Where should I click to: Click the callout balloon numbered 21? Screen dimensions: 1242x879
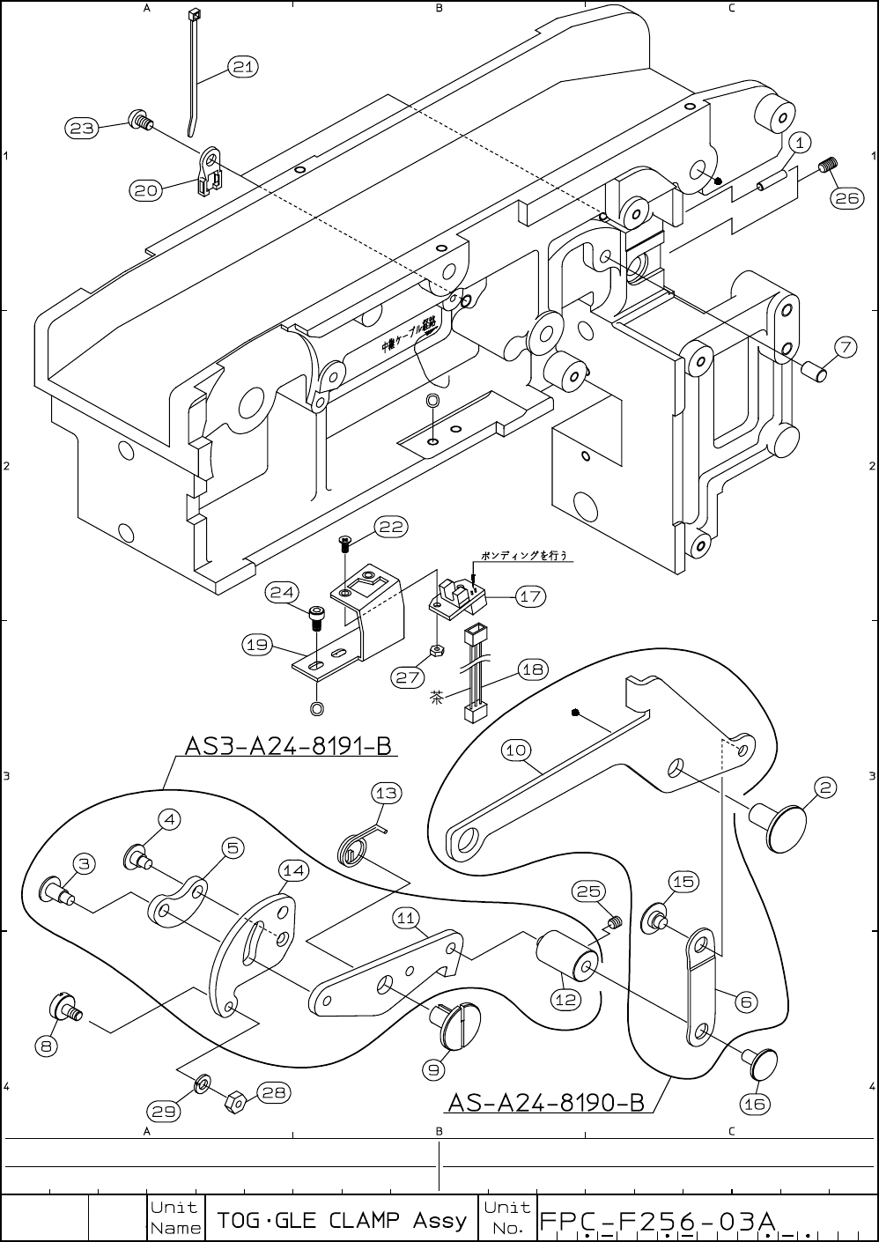tap(244, 67)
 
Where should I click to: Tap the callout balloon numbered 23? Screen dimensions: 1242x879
tap(81, 129)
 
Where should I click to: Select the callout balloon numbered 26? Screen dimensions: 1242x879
tap(846, 198)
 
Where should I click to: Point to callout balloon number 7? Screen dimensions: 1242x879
tap(845, 347)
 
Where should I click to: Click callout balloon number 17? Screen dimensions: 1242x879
tap(530, 597)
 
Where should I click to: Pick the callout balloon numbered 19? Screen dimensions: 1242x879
tap(257, 645)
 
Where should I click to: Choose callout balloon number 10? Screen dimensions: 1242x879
tap(515, 750)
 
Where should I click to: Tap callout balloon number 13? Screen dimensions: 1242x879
tap(386, 793)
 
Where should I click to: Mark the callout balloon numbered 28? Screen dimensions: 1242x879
tap(274, 1092)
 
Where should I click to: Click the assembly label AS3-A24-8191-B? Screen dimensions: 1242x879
tap(287, 746)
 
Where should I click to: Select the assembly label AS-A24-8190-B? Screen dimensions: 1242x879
tap(546, 1102)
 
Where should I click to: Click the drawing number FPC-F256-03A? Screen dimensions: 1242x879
tap(657, 1222)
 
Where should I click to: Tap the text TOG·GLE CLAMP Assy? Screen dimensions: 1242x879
tap(342, 1220)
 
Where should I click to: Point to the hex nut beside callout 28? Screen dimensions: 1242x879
tap(236, 1101)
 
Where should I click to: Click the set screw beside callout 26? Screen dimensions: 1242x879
tap(828, 165)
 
